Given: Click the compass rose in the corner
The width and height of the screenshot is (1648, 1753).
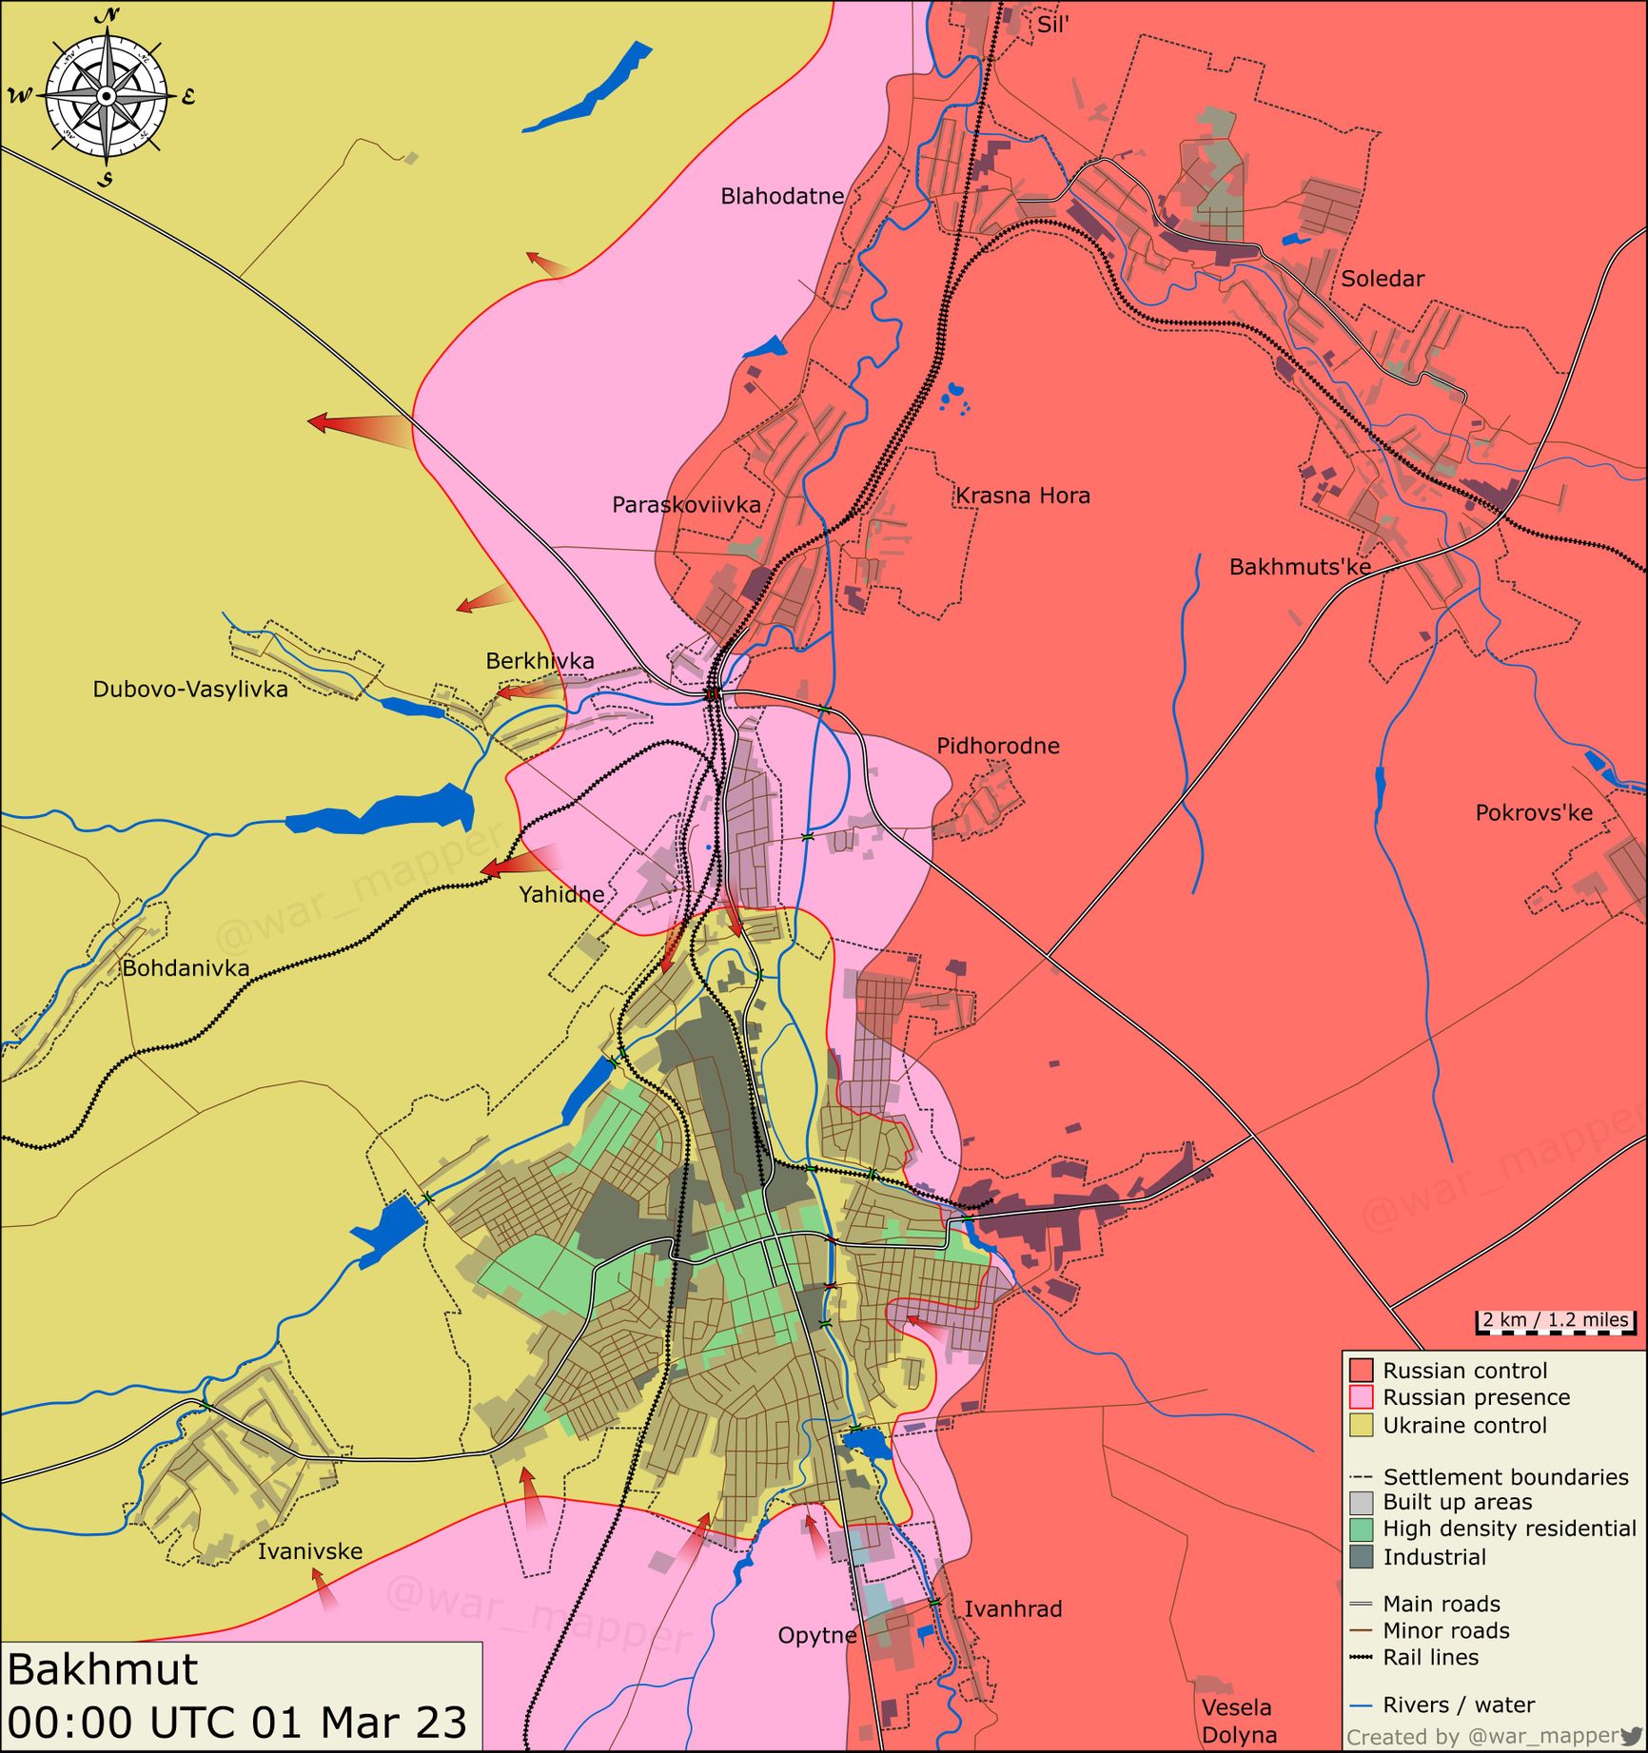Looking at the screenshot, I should (x=107, y=96).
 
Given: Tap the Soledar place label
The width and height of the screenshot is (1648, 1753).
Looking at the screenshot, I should (x=1382, y=279).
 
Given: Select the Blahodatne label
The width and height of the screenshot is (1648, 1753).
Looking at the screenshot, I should (x=781, y=196).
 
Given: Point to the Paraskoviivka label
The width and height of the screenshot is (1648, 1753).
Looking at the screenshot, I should (x=686, y=504).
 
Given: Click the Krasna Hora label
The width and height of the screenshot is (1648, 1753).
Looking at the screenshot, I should (x=1022, y=496).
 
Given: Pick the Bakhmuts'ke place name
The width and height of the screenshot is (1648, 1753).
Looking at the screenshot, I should (x=1299, y=567).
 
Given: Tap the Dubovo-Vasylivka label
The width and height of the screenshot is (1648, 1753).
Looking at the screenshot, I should (x=190, y=689).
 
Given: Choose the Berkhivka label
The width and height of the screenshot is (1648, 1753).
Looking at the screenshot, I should (x=540, y=660).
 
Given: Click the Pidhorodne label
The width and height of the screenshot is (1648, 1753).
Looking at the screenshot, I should (x=997, y=746).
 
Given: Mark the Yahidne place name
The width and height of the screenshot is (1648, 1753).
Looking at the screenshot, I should (x=561, y=894).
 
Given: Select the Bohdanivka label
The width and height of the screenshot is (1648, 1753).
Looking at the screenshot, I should (x=186, y=968).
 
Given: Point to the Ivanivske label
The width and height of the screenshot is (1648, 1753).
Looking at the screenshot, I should (x=310, y=1551).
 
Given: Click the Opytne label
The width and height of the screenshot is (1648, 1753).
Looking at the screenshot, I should (x=816, y=1635).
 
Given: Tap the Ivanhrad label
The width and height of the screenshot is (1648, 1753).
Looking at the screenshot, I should (x=1012, y=1608).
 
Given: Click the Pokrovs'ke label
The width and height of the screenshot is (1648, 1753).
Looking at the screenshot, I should (x=1533, y=813).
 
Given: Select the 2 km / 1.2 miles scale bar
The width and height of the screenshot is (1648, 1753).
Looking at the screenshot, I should (x=1555, y=1322).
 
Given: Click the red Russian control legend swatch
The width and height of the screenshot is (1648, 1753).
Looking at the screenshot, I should (x=1361, y=1371).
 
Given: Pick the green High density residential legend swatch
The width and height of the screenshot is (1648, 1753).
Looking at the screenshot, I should (x=1361, y=1529).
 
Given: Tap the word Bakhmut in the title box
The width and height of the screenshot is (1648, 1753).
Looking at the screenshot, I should (x=103, y=1670).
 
